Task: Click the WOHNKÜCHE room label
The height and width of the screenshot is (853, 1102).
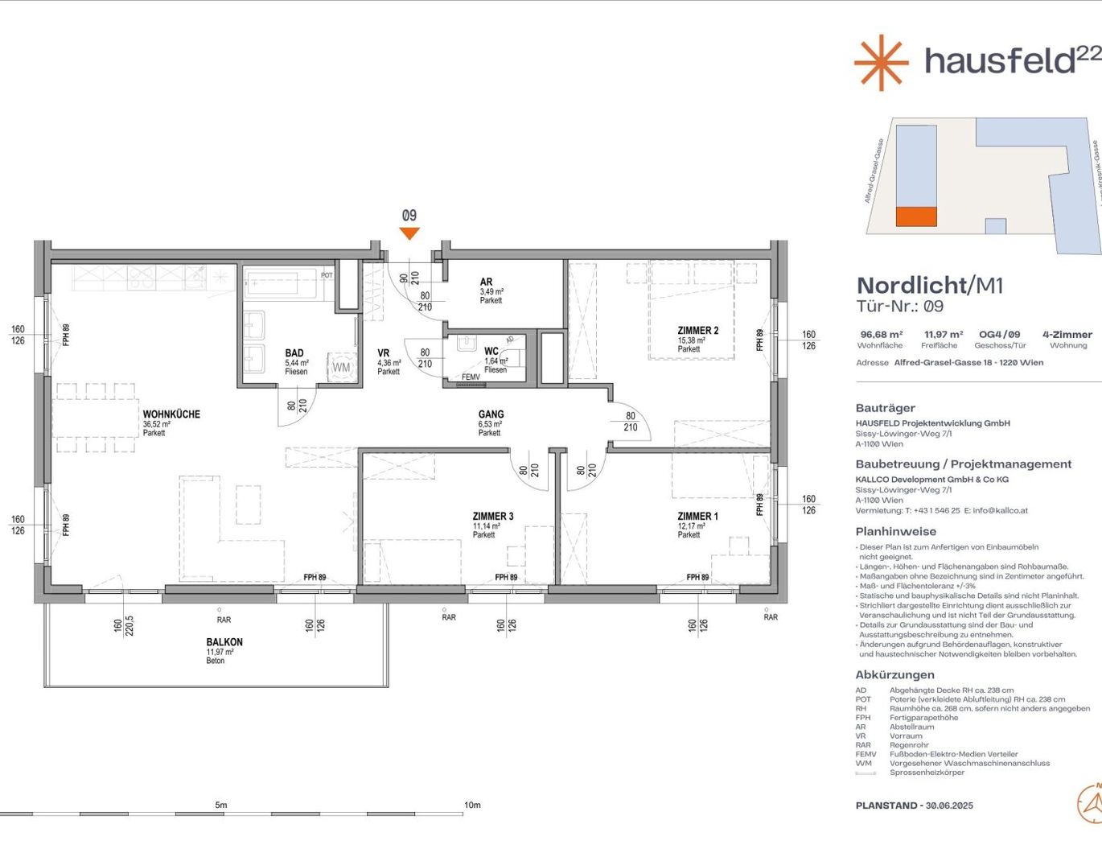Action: coord(171,414)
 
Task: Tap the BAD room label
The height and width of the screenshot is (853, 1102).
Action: coord(294,353)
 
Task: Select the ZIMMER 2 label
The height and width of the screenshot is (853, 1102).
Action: coord(697,331)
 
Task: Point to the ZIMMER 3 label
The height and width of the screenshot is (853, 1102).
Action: coord(492,517)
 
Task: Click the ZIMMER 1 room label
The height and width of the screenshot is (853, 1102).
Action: coord(697,517)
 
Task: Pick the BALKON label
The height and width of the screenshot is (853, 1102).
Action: coord(224,642)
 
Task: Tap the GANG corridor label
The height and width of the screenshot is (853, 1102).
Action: coord(491,414)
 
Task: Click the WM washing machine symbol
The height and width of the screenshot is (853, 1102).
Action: coord(341,367)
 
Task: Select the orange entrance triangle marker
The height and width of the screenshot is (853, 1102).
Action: coord(409,233)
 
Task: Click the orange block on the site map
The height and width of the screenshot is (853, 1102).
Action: coord(917,216)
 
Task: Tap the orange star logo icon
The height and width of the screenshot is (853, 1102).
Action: coord(881,62)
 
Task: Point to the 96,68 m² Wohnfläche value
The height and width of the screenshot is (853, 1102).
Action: coord(881,335)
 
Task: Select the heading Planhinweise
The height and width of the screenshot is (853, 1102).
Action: coord(895,531)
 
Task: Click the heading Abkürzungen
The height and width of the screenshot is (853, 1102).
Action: coord(894,674)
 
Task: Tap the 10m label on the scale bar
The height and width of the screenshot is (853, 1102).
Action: coord(472,805)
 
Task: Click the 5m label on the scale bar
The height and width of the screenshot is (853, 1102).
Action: coord(221,805)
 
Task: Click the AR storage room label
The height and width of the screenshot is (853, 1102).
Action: coord(486,282)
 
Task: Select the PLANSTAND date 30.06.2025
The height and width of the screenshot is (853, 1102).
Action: coord(949,806)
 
